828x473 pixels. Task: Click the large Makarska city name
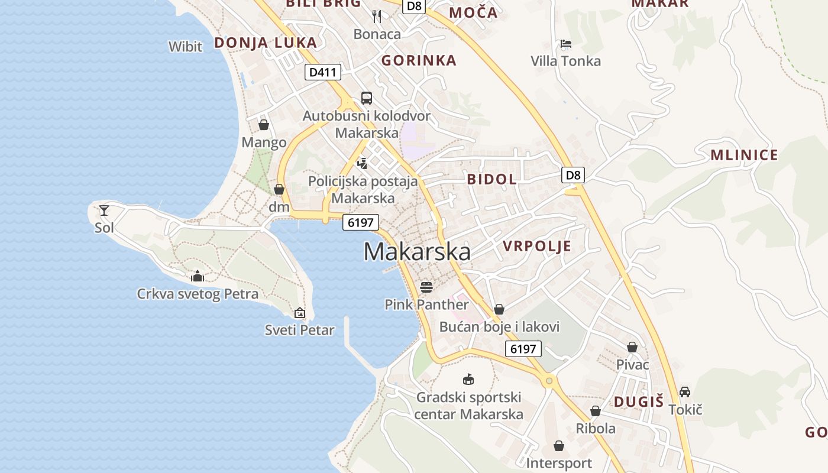(417, 252)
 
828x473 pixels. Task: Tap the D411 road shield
(323, 73)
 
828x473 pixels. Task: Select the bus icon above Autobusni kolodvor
(367, 98)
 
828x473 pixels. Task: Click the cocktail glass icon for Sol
(104, 210)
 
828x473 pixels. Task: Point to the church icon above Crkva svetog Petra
(198, 276)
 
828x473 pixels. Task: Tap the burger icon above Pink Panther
(426, 287)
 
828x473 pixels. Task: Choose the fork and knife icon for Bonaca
(377, 17)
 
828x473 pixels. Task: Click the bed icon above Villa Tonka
(566, 44)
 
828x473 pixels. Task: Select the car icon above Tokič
(685, 391)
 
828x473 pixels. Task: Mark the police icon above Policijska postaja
(363, 163)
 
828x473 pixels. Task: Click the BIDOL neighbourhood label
(492, 179)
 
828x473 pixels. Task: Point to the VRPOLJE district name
(537, 246)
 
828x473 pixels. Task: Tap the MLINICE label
(744, 155)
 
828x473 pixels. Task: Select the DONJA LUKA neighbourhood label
(266, 43)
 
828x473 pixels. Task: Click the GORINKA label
(419, 60)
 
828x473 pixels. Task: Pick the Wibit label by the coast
(185, 47)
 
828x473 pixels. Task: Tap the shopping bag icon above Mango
(264, 125)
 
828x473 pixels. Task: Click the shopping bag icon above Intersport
(559, 446)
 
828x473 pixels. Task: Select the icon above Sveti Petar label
(300, 313)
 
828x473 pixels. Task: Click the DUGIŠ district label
(639, 402)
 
